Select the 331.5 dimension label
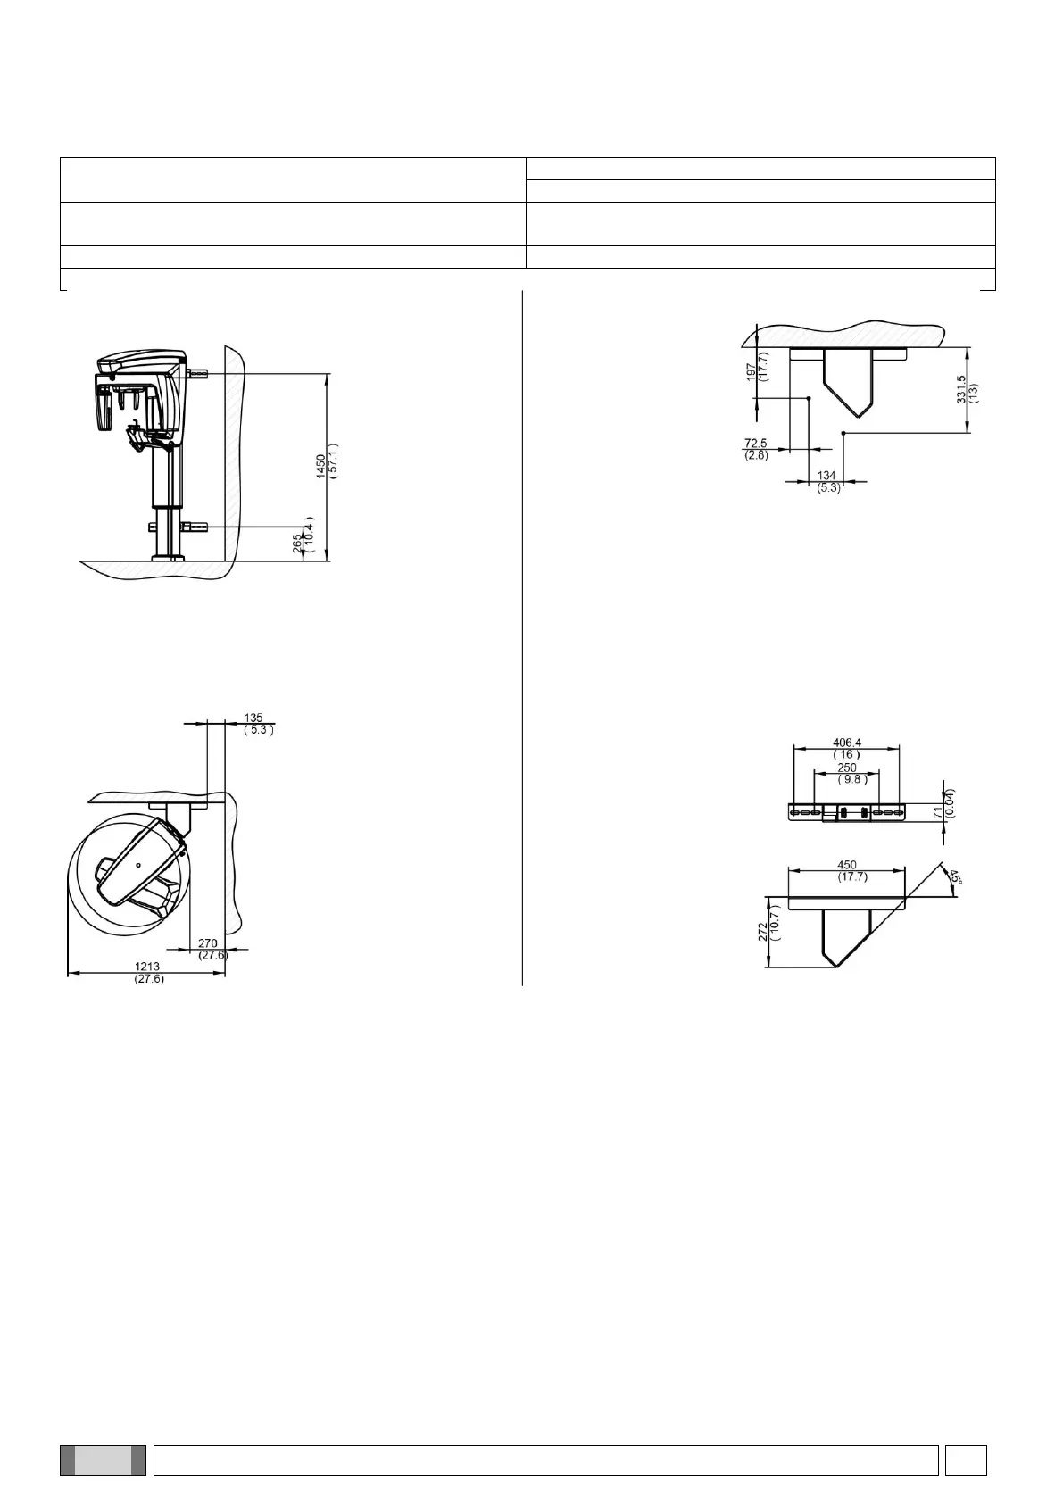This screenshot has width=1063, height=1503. click(960, 390)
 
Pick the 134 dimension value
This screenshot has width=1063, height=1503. click(826, 477)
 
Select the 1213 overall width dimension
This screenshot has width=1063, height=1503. click(148, 967)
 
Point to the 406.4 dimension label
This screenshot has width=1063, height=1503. click(847, 743)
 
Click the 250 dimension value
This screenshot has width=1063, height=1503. click(846, 768)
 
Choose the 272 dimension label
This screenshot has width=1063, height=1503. click(762, 932)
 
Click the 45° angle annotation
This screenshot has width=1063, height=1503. click(954, 877)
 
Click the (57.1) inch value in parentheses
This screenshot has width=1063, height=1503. click(333, 461)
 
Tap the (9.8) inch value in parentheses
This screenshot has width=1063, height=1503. click(853, 779)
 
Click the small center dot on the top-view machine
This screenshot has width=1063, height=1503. click(138, 865)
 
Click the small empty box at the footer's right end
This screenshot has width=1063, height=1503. click(967, 1459)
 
